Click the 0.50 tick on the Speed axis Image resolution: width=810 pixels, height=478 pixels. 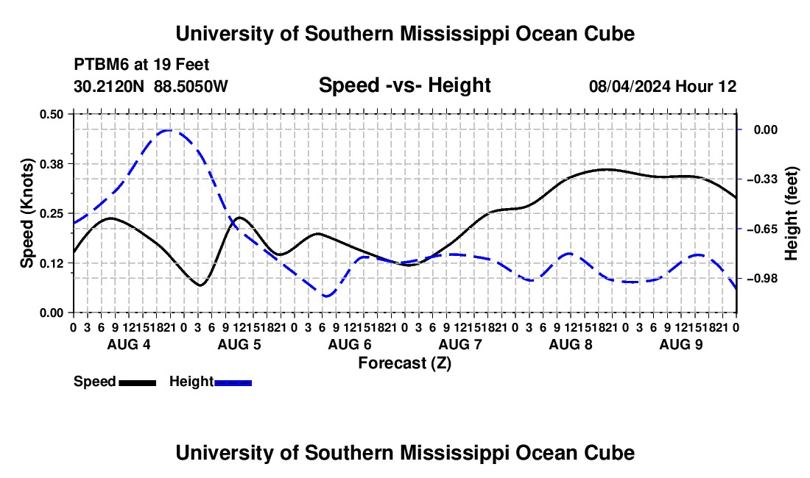click(x=51, y=114)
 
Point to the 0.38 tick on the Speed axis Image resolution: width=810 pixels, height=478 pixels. click(x=51, y=164)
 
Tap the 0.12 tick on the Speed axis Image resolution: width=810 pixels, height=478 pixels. click(x=51, y=263)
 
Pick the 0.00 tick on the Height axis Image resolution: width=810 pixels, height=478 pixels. click(x=766, y=129)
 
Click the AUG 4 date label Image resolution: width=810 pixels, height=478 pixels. click(x=129, y=344)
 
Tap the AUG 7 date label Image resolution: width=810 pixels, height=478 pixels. click(x=460, y=344)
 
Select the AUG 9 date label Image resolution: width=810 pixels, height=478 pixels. click(x=681, y=344)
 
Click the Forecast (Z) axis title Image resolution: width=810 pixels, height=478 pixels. click(x=405, y=363)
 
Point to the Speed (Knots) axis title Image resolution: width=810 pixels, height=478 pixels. click(x=27, y=213)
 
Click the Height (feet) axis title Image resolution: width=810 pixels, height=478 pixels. click(x=791, y=213)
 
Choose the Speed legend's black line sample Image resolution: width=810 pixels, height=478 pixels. click(x=138, y=382)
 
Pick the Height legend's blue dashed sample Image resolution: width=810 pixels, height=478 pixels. click(x=233, y=382)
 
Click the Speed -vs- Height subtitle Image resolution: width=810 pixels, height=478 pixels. click(x=405, y=85)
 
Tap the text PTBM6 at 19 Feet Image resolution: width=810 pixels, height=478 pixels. click(x=141, y=65)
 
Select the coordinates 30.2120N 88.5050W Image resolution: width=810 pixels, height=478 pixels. click(x=151, y=86)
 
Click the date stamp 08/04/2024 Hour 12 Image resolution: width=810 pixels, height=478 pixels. click(x=663, y=86)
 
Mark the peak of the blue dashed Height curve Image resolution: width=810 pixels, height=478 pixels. click(x=169, y=130)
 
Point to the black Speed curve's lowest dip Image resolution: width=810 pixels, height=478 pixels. click(x=200, y=285)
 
